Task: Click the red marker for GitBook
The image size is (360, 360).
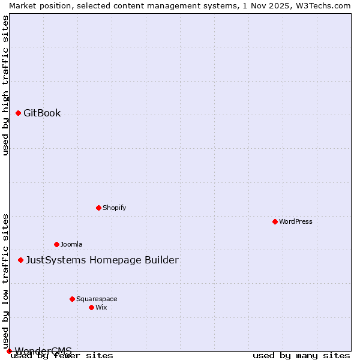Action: tap(18, 113)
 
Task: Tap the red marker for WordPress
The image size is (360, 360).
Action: tap(275, 221)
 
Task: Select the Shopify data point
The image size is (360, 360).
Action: tap(98, 208)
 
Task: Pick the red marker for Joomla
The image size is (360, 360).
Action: tap(56, 244)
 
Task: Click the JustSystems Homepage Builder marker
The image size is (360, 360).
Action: tap(20, 260)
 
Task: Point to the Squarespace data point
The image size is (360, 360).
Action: tap(72, 299)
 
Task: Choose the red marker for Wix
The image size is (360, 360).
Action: tap(91, 307)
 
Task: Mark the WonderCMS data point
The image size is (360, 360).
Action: tap(9, 351)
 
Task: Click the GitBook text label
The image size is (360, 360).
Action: tap(42, 113)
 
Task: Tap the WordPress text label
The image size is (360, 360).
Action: tap(296, 221)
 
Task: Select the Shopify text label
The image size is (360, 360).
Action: tap(114, 208)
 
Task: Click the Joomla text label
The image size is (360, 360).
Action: tap(71, 244)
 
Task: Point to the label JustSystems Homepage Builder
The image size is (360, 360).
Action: tap(102, 260)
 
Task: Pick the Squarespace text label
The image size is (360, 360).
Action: tap(97, 299)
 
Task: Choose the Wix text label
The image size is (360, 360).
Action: tap(101, 307)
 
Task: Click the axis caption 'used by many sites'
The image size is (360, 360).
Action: tap(301, 355)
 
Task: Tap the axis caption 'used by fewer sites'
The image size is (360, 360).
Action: tap(62, 355)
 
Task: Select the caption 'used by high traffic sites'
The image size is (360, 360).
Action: tap(5, 85)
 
